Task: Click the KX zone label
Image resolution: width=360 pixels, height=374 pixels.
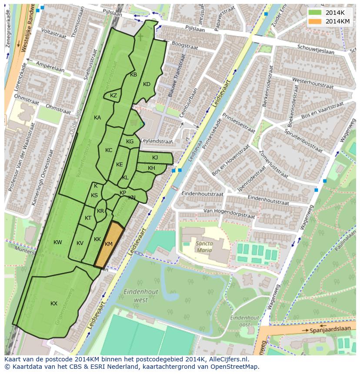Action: [54, 304]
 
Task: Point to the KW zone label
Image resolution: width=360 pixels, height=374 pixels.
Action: [58, 242]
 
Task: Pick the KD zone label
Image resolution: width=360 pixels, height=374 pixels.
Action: [147, 84]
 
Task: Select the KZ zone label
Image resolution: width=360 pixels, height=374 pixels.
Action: [113, 96]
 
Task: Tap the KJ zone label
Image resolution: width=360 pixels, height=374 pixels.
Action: [155, 158]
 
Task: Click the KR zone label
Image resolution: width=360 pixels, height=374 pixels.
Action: [100, 211]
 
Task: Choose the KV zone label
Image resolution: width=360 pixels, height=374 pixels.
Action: [80, 243]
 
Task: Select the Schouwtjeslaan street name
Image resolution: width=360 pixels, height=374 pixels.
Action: [316, 50]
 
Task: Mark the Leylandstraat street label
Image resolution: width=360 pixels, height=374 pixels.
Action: [157, 141]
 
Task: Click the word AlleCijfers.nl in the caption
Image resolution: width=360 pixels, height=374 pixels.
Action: [227, 360]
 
